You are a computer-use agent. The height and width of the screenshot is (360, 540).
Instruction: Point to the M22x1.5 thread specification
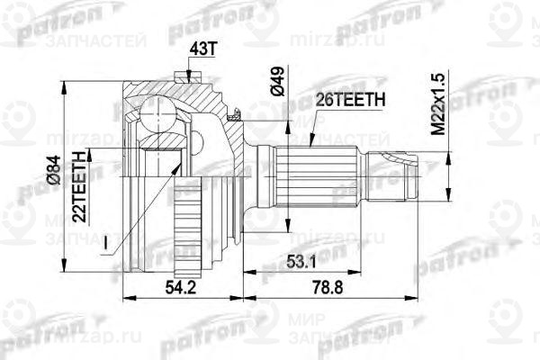pyautogui.click(x=437, y=104)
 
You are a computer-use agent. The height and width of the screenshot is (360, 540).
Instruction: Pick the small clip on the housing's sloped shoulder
pyautogui.click(x=235, y=113)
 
